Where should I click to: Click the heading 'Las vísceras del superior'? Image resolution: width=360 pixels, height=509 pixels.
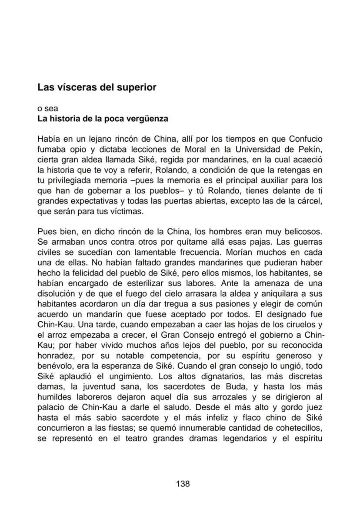pyautogui.click(x=97, y=87)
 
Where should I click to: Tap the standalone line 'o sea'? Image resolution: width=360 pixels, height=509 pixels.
pyautogui.click(x=47, y=109)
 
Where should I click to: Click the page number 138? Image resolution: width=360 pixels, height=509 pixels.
pyautogui.click(x=183, y=483)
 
